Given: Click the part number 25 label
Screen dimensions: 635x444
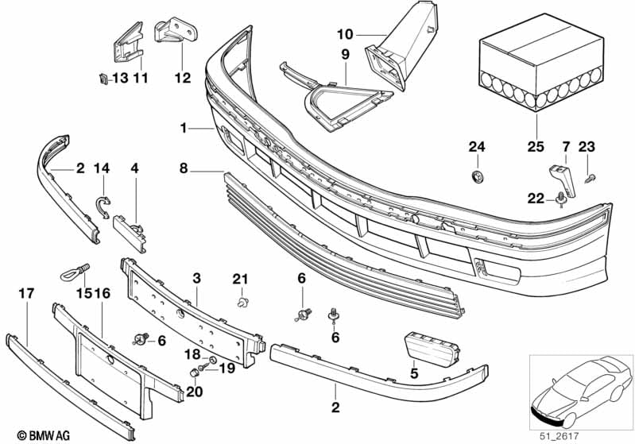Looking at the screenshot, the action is [536, 146].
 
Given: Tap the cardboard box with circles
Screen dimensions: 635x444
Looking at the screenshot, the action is [541, 62].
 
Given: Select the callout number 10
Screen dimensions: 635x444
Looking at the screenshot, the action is [345, 34].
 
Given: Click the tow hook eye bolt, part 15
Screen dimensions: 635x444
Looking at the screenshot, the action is [76, 272].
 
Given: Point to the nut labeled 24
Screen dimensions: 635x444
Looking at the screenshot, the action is [478, 176].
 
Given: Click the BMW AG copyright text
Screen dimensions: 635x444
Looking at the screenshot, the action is [44, 435].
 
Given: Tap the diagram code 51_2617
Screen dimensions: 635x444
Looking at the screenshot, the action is [559, 436].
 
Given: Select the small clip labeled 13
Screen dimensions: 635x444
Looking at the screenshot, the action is [103, 79].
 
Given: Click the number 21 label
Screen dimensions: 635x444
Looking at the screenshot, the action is [240, 279].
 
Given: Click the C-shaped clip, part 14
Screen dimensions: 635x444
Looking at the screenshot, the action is [103, 206].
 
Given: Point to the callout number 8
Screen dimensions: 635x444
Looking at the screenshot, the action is [184, 168].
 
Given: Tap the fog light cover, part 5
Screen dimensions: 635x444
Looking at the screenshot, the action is [432, 349].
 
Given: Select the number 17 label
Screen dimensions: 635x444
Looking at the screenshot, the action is [27, 293].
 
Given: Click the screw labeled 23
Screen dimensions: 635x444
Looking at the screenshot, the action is [590, 179].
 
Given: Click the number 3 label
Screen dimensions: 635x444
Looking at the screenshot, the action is [196, 278].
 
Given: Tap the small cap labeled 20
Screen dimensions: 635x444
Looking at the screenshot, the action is [194, 372].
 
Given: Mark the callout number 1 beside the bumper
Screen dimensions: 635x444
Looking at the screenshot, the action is [184, 129].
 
